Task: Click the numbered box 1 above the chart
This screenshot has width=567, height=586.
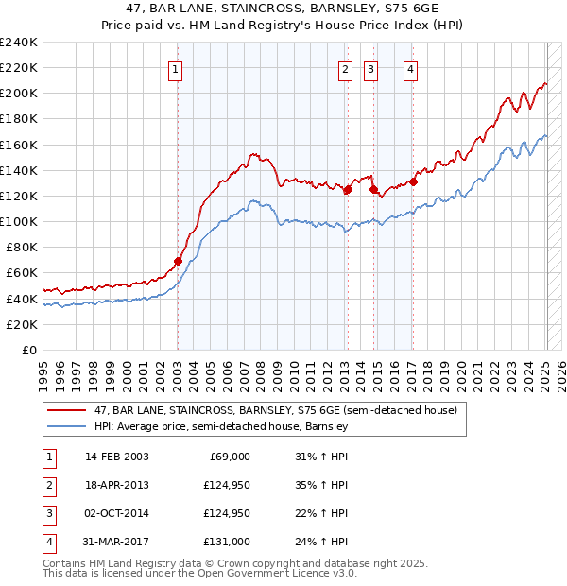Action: tap(177, 68)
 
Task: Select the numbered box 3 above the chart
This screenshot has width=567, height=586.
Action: tap(370, 68)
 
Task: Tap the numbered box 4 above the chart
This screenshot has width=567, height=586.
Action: tap(412, 68)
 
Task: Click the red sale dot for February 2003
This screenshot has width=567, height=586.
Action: tap(178, 261)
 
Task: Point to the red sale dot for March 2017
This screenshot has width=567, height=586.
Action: tap(413, 181)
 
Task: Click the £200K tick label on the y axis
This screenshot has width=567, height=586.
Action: tap(19, 93)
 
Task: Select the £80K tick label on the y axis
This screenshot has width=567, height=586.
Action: tap(22, 247)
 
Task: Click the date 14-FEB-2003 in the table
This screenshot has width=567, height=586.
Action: tap(116, 457)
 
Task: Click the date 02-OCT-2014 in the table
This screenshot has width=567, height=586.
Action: tap(116, 513)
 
